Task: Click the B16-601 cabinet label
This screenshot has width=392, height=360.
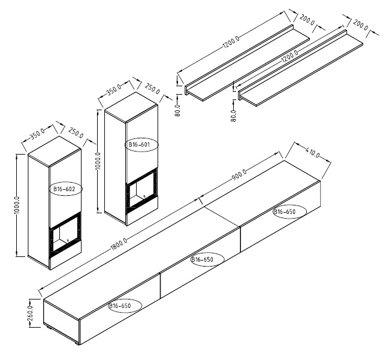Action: tap(139, 144)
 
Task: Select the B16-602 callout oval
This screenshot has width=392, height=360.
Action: tap(65, 189)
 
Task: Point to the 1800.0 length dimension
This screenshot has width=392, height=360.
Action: tap(119, 244)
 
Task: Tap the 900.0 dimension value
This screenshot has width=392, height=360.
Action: tap(239, 174)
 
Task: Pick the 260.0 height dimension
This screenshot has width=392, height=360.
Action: tap(30, 313)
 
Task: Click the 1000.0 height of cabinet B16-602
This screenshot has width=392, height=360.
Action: tap(17, 205)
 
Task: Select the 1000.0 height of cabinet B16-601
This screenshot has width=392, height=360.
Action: tap(98, 161)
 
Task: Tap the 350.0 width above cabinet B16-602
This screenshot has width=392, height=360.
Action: tap(38, 134)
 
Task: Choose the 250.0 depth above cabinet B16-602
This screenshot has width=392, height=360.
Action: tap(76, 133)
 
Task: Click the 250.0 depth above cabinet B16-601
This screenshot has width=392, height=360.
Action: tap(152, 89)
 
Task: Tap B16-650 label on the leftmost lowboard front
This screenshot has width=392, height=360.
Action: tap(119, 305)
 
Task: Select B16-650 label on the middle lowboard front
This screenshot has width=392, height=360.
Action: tap(202, 259)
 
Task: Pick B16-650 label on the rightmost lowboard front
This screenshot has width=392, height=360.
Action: tap(285, 212)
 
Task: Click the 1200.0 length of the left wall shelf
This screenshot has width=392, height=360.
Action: tap(231, 42)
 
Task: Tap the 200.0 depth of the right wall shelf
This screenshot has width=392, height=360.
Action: tap(360, 25)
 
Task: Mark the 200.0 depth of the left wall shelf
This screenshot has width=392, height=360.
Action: tap(307, 20)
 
